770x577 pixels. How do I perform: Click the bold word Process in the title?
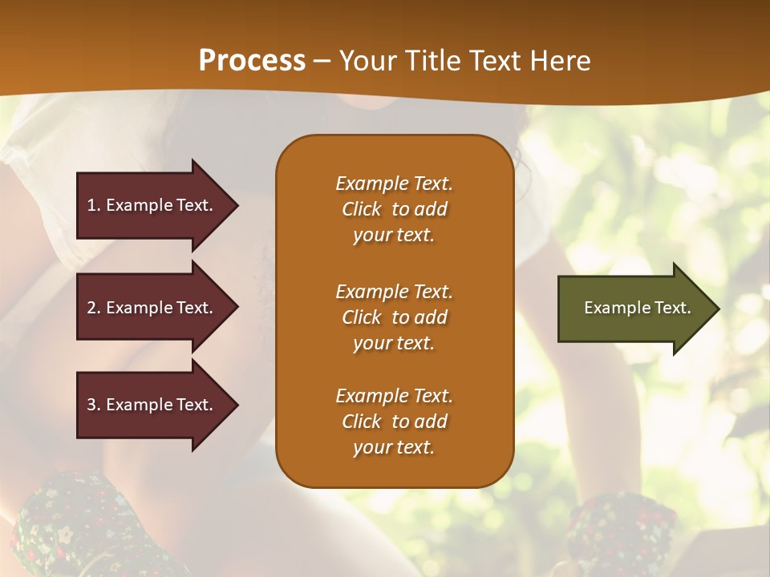click(x=252, y=60)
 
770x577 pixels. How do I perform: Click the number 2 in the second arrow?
click(x=91, y=308)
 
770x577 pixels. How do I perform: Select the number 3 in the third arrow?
click(x=91, y=405)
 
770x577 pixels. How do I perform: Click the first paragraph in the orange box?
click(x=394, y=209)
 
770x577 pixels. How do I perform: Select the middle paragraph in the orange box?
click(x=394, y=317)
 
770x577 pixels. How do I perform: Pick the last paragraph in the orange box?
click(x=394, y=422)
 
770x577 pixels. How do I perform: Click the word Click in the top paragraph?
click(x=362, y=209)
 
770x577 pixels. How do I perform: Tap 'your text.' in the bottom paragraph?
click(x=394, y=447)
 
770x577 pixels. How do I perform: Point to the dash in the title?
click(x=322, y=61)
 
